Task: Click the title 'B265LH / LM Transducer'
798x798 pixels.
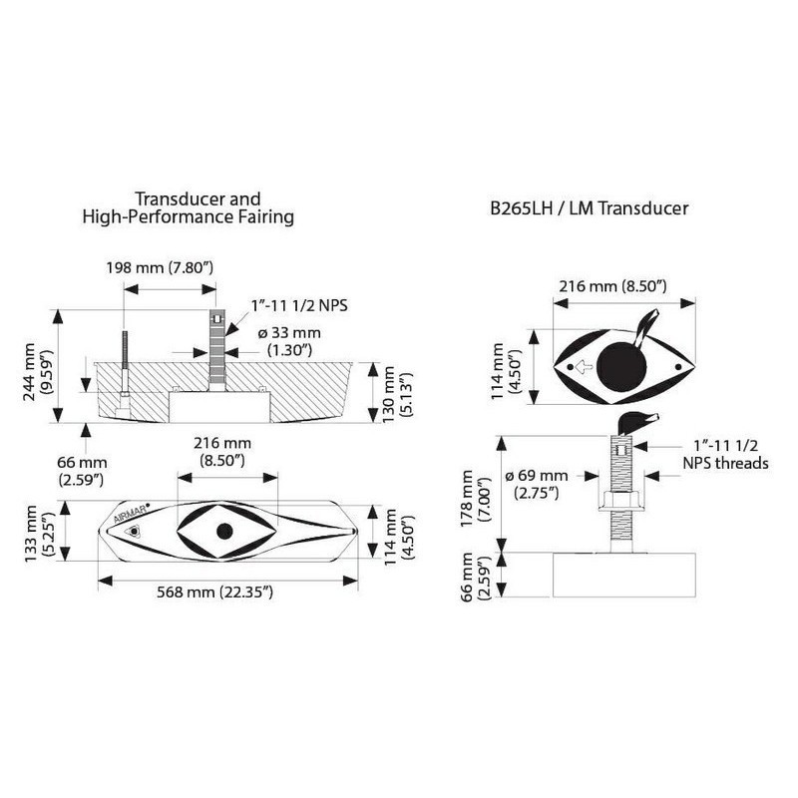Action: tap(589, 208)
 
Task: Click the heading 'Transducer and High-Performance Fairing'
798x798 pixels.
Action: tap(189, 207)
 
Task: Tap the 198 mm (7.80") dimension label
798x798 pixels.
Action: tap(160, 267)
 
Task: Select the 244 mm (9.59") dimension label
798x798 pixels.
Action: tap(38, 372)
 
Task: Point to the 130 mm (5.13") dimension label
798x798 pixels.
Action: tap(397, 392)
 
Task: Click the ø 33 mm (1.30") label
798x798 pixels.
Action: tap(289, 341)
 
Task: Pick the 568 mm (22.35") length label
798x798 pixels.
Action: tap(214, 592)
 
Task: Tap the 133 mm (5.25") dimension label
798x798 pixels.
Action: tap(38, 534)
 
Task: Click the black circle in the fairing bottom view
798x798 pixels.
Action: tap(224, 532)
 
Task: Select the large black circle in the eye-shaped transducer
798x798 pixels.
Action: tap(621, 367)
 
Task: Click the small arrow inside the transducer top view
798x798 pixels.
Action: tap(585, 366)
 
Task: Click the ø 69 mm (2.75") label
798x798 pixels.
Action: tap(537, 484)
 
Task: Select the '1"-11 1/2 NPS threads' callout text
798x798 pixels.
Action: tap(725, 455)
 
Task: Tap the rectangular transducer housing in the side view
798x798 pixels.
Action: tap(624, 575)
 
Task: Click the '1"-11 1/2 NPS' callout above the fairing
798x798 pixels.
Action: tap(299, 305)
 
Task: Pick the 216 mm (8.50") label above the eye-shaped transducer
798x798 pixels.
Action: tap(612, 286)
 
